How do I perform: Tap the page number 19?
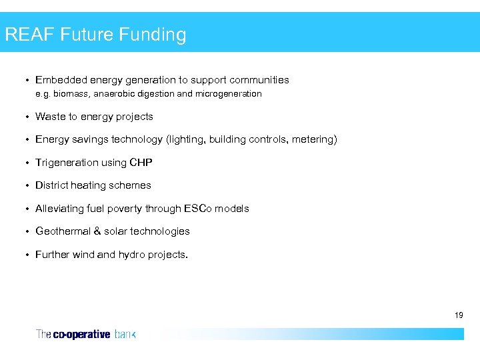(x=459, y=315)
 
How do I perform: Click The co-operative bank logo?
(x=85, y=334)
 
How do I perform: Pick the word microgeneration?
(x=228, y=94)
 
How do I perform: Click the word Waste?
(x=49, y=117)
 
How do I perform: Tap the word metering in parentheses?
(x=313, y=139)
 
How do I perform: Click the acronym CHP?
(x=141, y=163)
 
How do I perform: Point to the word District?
(x=51, y=185)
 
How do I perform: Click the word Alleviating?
(x=59, y=209)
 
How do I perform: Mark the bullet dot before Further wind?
(x=27, y=255)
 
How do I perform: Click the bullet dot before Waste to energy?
(x=27, y=117)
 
